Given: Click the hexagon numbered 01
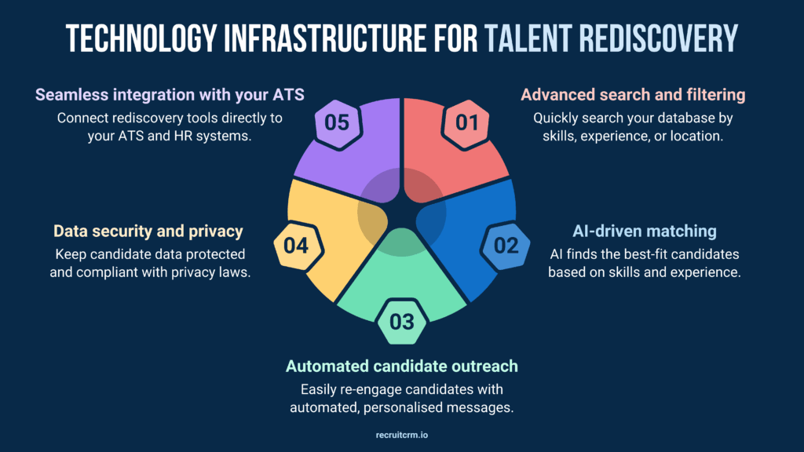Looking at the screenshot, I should click(x=466, y=123).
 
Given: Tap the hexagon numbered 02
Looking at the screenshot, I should click(x=506, y=246).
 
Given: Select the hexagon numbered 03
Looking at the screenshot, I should click(x=401, y=322).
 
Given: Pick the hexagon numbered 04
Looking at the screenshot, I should click(x=296, y=246).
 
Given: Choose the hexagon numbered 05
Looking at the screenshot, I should click(x=338, y=123).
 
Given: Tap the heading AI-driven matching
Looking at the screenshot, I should click(x=644, y=231).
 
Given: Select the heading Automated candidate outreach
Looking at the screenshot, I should click(x=402, y=366).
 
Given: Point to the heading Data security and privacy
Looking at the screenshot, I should click(x=148, y=231).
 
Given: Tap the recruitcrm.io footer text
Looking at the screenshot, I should click(x=402, y=432).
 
